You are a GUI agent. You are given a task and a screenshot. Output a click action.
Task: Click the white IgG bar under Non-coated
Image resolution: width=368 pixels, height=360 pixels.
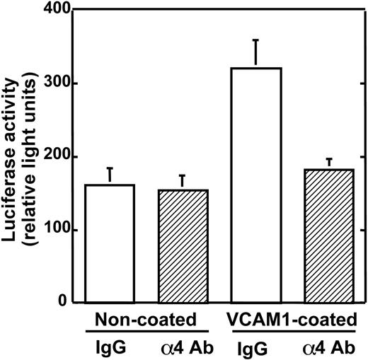(110, 243)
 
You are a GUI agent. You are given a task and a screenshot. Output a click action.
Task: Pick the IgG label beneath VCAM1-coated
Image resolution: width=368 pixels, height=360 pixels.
(253, 347)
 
